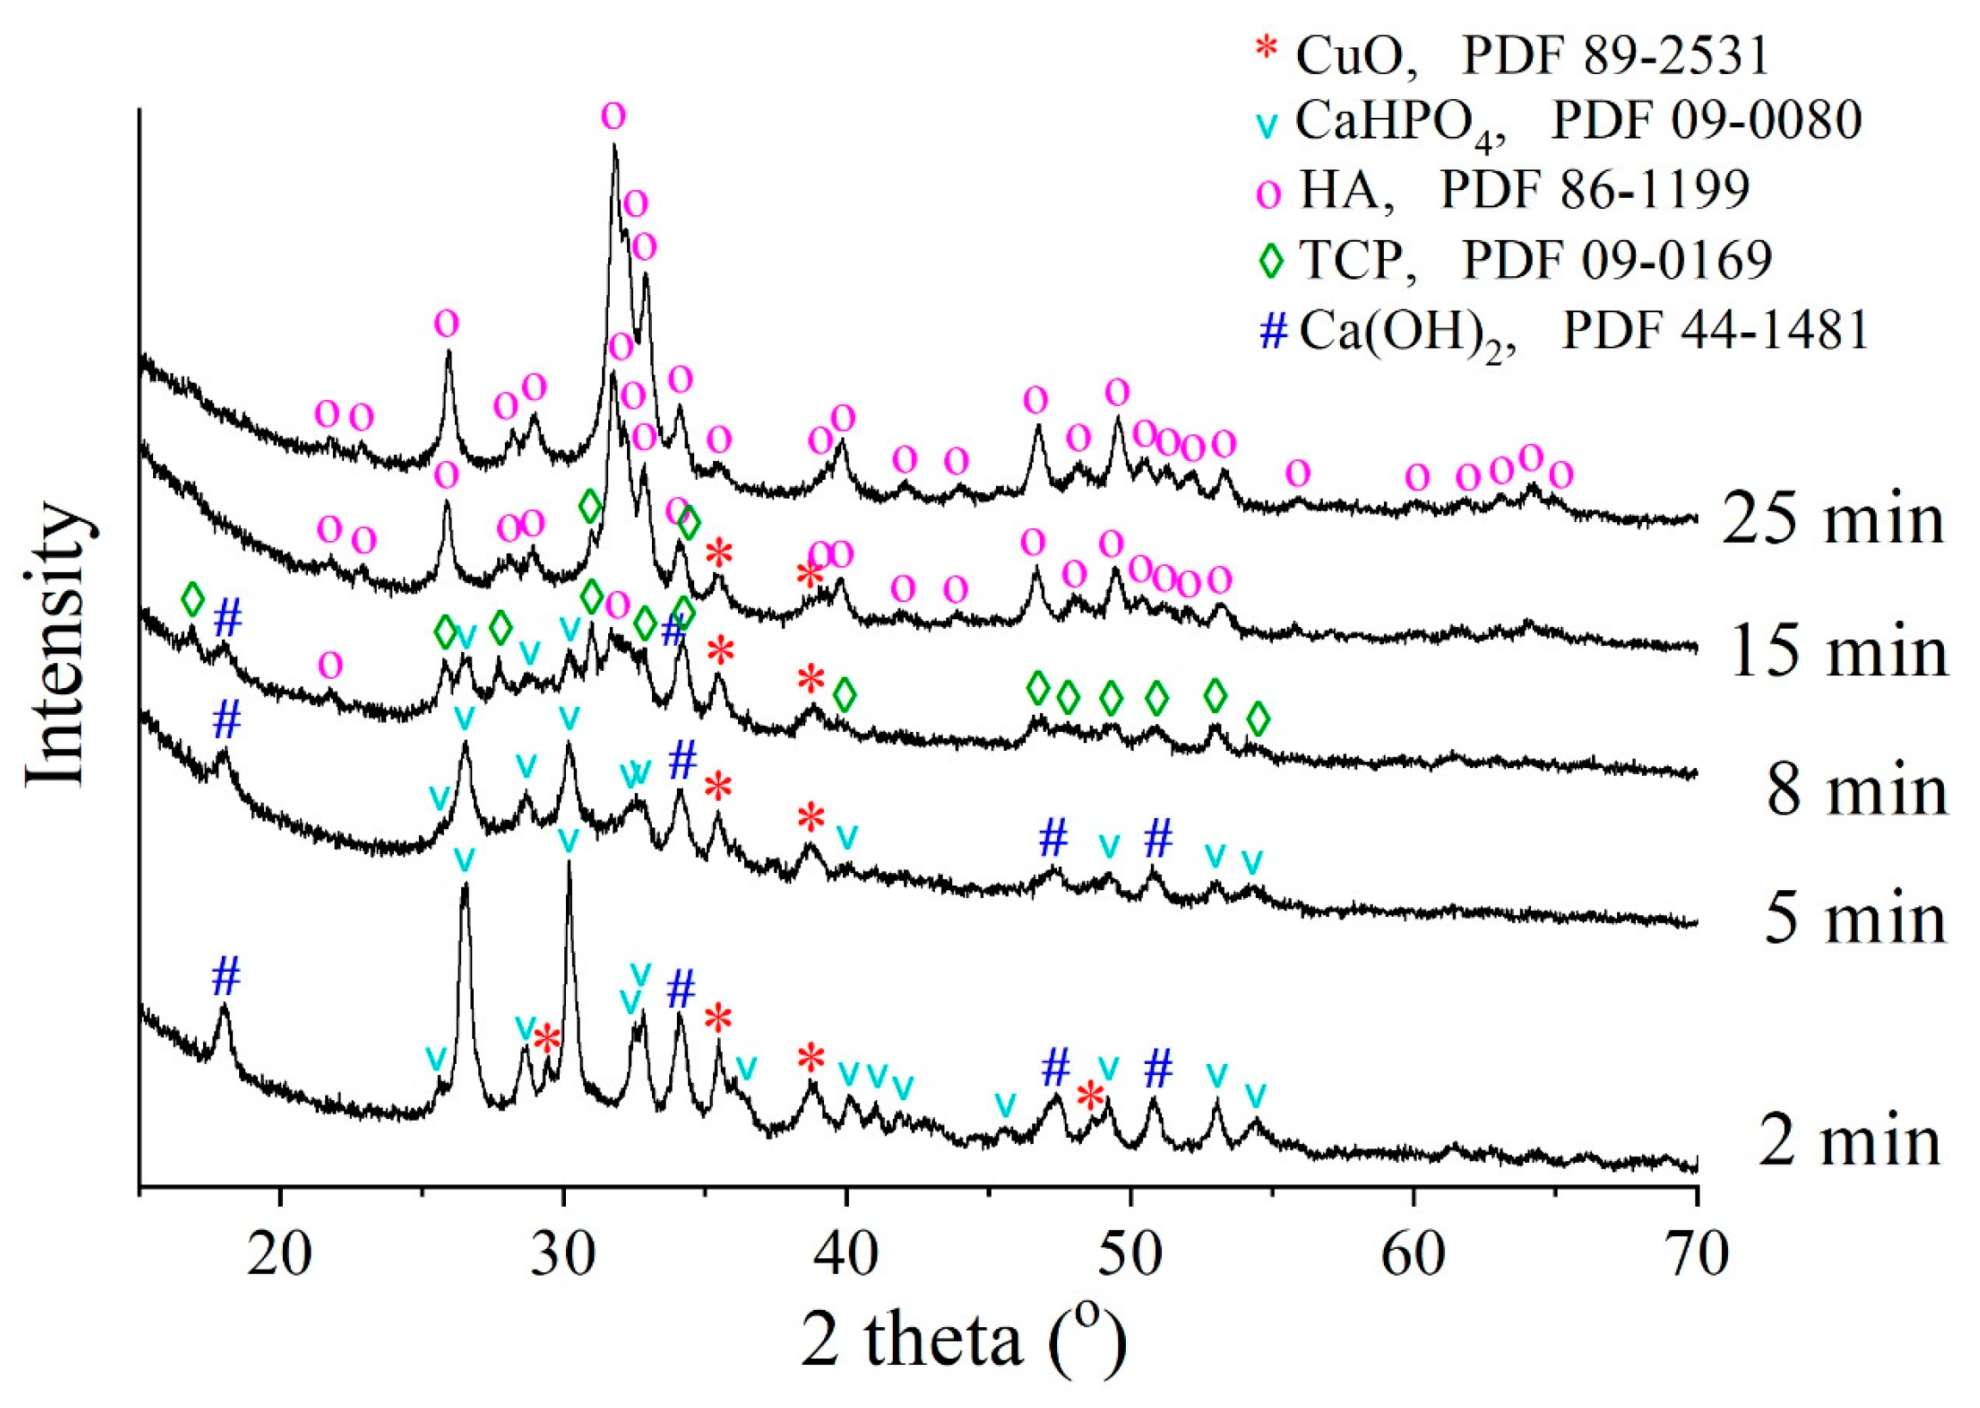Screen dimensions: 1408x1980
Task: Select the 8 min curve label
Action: [x=1856, y=790]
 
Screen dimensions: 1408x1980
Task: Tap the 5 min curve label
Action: [x=1854, y=919]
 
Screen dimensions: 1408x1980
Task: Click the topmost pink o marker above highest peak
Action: [x=613, y=114]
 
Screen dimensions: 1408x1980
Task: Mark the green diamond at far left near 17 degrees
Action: [x=193, y=599]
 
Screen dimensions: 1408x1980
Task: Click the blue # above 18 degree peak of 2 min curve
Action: [x=225, y=978]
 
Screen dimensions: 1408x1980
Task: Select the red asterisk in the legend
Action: [x=1267, y=48]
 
